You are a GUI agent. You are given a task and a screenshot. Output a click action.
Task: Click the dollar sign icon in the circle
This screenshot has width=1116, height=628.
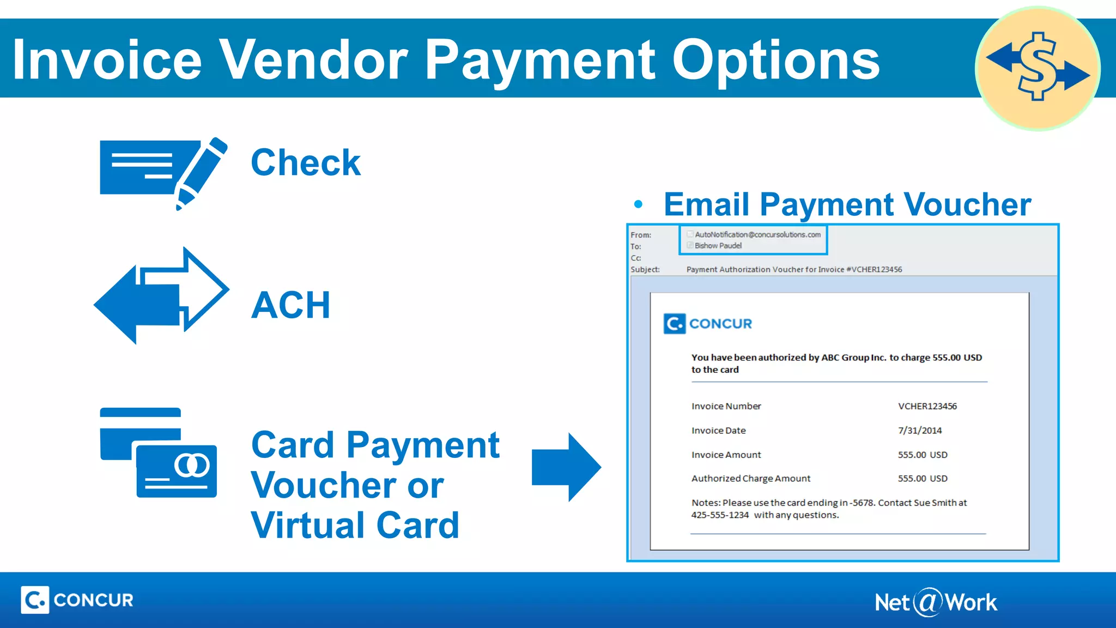coord(1038,68)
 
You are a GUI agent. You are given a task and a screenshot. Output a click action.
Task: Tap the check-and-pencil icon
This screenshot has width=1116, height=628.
coord(162,172)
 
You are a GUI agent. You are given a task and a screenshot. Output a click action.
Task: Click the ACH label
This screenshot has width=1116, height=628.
coord(291,305)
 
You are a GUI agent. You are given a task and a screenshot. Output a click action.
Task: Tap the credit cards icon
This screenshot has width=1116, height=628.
coord(158,452)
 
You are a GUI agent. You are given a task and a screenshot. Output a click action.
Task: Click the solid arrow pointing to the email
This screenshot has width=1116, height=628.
coord(566,467)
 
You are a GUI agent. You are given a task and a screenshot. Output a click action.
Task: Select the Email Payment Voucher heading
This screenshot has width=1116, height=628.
coord(847,204)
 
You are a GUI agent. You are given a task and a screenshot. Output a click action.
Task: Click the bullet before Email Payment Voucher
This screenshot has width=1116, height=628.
coord(639,205)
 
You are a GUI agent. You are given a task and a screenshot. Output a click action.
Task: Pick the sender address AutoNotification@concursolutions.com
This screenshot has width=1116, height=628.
coord(757,234)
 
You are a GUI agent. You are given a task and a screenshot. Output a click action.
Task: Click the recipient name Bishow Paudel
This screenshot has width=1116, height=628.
coord(718,246)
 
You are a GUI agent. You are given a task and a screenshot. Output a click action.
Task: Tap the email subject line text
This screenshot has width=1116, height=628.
coord(794,269)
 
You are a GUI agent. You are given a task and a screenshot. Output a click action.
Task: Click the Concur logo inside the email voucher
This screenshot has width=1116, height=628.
coord(707,324)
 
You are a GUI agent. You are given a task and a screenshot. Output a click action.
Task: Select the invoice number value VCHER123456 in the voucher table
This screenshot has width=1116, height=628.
coord(927,406)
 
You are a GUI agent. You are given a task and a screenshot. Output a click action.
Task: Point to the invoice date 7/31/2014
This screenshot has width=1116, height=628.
coord(920,431)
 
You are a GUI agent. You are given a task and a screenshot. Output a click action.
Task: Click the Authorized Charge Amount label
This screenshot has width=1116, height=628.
coord(751,479)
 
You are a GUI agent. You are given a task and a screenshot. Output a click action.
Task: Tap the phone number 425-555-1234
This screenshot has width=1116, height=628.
coord(720,515)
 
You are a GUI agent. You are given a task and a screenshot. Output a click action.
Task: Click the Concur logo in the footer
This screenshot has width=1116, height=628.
coord(77,600)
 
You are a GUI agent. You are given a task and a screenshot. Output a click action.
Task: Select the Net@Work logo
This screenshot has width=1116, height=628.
coord(936,602)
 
